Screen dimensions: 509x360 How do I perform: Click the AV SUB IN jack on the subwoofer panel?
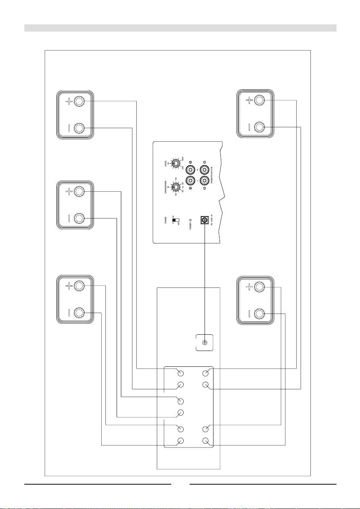pos(205,221)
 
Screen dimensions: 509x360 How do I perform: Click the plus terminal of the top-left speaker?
pos(79,102)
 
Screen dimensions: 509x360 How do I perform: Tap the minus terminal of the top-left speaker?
pos(79,128)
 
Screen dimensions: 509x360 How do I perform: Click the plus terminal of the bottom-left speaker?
pos(79,286)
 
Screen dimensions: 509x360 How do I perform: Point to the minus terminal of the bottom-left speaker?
pos(79,313)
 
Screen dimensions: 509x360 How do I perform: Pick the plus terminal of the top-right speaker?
pos(259,101)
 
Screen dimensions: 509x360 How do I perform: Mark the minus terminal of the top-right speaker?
pos(259,127)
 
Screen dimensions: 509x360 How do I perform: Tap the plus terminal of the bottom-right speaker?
pos(259,288)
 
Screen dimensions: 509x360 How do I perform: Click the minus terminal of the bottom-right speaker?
pos(259,315)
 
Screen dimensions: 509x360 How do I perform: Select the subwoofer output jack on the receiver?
pos(205,343)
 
